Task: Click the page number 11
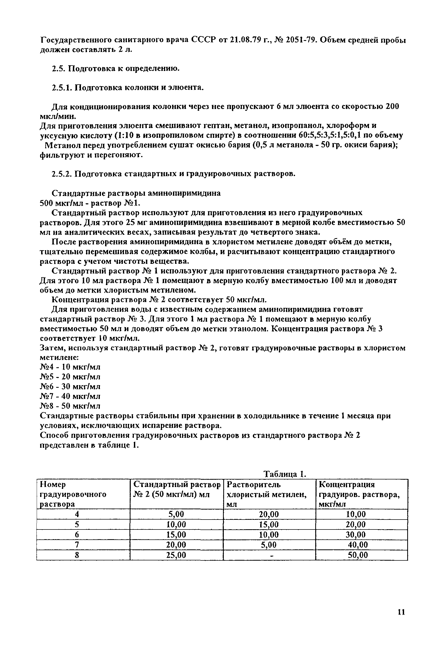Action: click(401, 612)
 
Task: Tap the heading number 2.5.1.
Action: click(62, 88)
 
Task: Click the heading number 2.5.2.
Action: click(62, 174)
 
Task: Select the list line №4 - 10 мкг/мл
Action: click(70, 367)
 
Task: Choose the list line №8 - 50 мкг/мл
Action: click(70, 406)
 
